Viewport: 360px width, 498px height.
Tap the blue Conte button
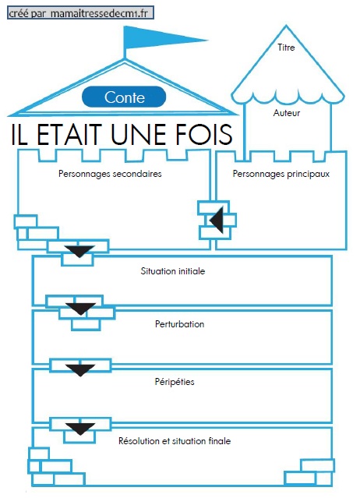[x=124, y=97]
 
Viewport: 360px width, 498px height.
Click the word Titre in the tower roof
[x=286, y=48]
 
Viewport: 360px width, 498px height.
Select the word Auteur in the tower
[x=286, y=113]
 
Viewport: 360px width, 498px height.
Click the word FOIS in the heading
[x=203, y=134]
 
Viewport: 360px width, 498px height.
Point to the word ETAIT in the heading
[x=69, y=134]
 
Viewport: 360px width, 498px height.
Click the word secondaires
[x=137, y=174]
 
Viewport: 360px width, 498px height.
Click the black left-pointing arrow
[x=216, y=220]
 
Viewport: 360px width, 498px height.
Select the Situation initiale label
[x=173, y=271]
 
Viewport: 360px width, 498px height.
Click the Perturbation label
[x=179, y=324]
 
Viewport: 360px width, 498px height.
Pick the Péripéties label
[x=175, y=381]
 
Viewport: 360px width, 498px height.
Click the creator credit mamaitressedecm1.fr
[x=99, y=14]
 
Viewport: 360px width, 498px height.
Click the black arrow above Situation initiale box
[x=79, y=251]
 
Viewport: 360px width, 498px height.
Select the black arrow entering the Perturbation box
[x=80, y=309]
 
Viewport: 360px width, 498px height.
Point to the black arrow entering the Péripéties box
[x=80, y=370]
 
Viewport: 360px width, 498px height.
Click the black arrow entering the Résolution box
[x=80, y=429]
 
